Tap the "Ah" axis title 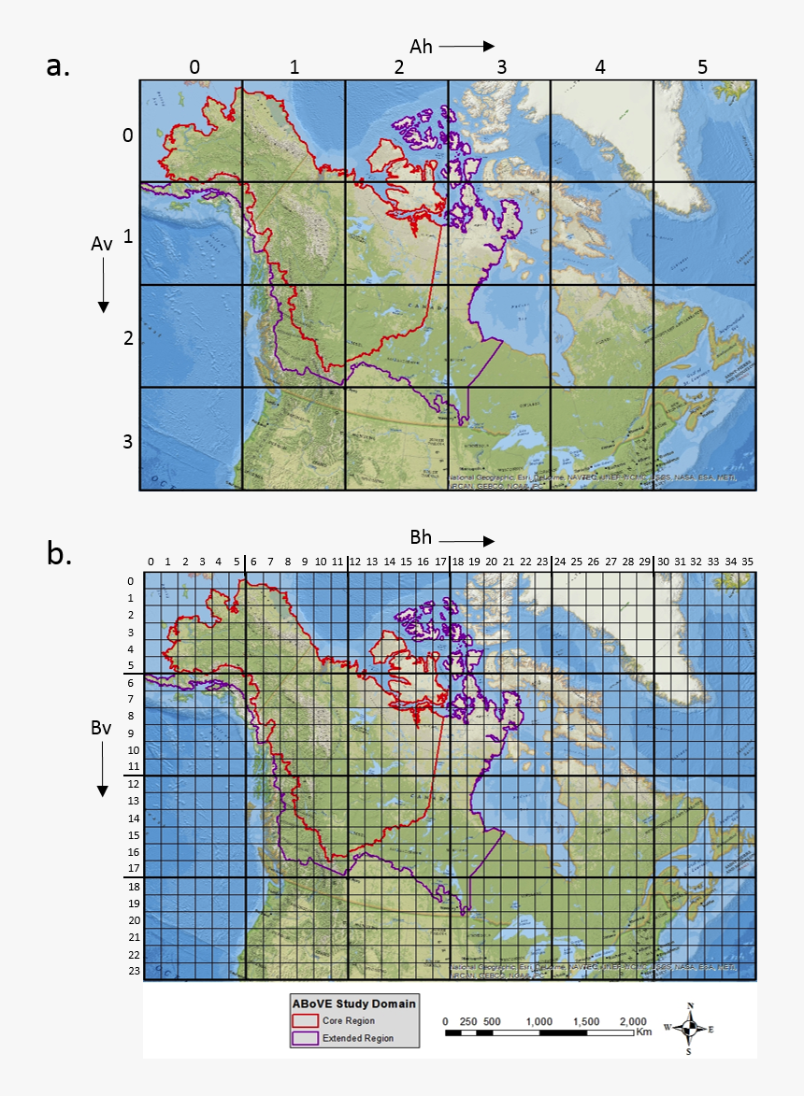[421, 46]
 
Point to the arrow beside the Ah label [466, 46]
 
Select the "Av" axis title [102, 244]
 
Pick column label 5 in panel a [701, 67]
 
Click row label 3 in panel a [128, 441]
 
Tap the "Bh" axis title [421, 538]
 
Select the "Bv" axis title [102, 729]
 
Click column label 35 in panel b [747, 562]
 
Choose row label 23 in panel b [132, 971]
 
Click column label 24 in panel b [559, 562]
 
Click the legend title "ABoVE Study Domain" [354, 1003]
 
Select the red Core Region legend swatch [306, 1020]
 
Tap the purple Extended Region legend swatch [306, 1037]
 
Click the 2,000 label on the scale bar [634, 1020]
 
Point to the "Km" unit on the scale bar [643, 1032]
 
